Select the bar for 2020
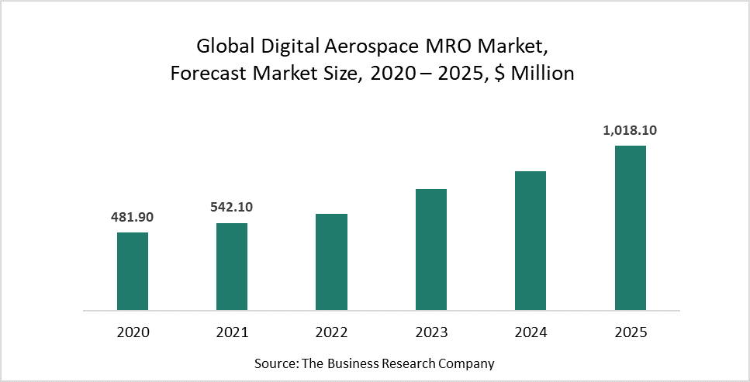click(133, 271)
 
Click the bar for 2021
click(232, 267)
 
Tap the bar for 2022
click(331, 262)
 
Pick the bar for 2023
click(431, 250)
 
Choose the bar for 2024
click(531, 240)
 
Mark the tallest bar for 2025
click(631, 228)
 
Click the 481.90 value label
click(133, 217)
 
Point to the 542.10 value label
click(232, 207)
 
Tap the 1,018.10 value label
click(630, 130)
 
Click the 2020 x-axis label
click(133, 332)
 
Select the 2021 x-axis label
click(232, 332)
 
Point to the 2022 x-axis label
click(331, 332)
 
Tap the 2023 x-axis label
click(431, 332)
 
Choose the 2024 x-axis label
click(531, 332)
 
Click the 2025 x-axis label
click(631, 332)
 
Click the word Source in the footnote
click(275, 363)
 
